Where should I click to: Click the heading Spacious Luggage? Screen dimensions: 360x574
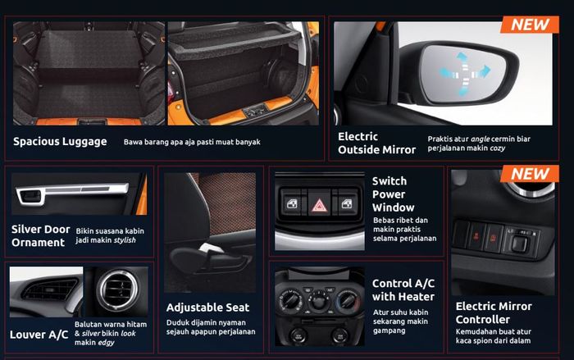tap(60, 141)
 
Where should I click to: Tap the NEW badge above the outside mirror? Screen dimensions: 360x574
tap(530, 24)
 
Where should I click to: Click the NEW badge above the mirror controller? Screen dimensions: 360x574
tap(530, 175)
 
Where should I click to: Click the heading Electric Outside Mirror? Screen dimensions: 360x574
tap(377, 143)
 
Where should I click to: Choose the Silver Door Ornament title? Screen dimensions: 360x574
tap(40, 235)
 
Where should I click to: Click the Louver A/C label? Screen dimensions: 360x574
tap(39, 334)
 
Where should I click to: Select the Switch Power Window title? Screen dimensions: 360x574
tap(394, 194)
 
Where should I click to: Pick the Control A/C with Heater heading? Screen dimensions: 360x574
tap(403, 289)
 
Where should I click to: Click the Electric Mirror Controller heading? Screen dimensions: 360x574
tap(494, 312)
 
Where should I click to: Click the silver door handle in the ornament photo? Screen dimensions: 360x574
tap(32, 197)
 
